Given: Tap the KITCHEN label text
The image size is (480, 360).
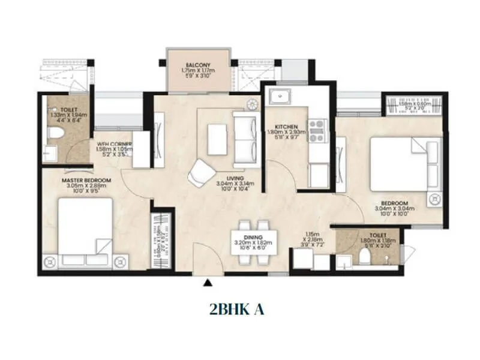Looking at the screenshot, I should pyautogui.click(x=286, y=127).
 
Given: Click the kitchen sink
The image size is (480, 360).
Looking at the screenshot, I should pyautogui.click(x=280, y=97).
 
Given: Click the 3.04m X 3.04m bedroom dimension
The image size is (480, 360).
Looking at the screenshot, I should pyautogui.click(x=391, y=209).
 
